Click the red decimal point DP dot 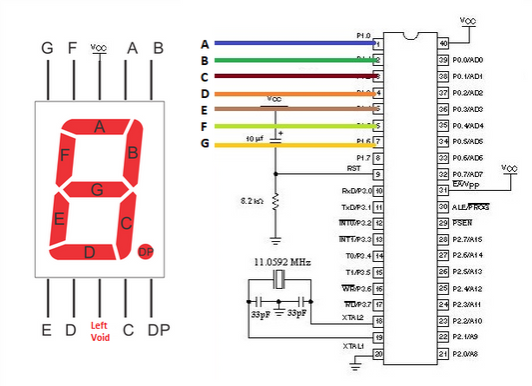[x=146, y=250]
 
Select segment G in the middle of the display [x=97, y=188]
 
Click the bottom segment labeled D [x=90, y=251]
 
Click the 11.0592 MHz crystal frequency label [x=278, y=263]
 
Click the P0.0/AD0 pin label [x=469, y=60]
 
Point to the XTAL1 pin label [x=354, y=346]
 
